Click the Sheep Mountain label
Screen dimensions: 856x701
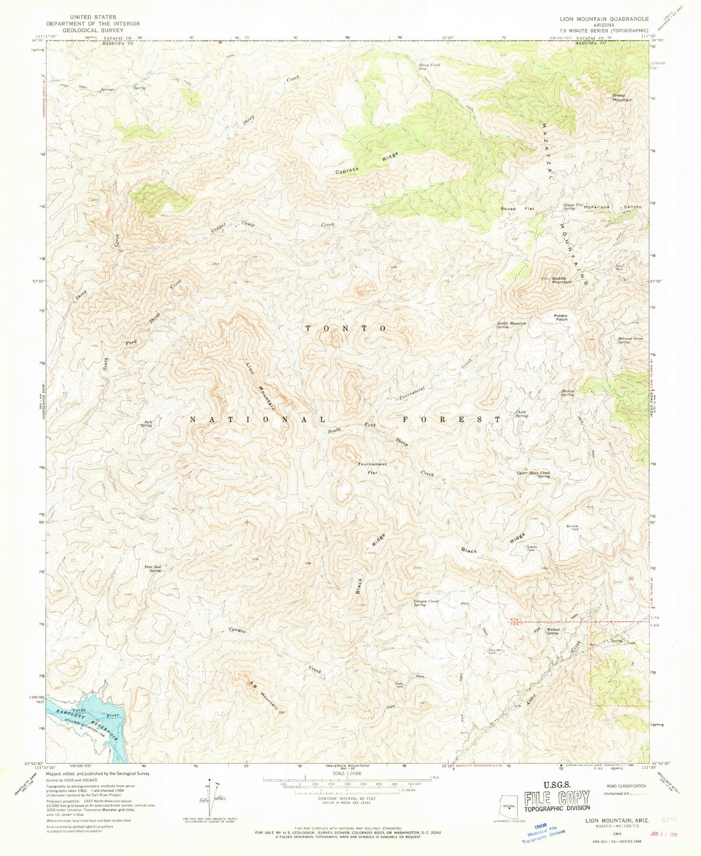tap(621, 97)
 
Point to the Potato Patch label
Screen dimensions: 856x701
tap(561, 317)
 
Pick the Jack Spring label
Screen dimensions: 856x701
tap(146, 423)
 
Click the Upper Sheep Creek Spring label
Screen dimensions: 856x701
tap(533, 474)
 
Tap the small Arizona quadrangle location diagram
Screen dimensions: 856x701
tap(508, 807)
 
